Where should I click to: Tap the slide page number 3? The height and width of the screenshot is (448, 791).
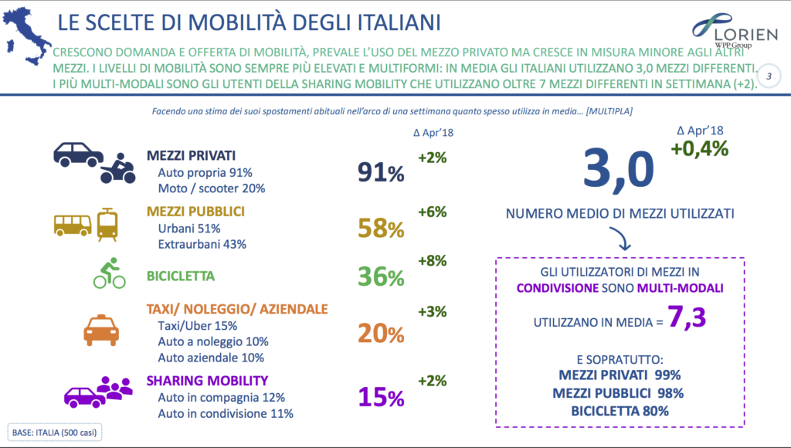click(x=769, y=76)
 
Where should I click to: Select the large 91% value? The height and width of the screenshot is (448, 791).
click(x=380, y=172)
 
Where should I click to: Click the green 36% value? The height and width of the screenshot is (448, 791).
click(x=380, y=277)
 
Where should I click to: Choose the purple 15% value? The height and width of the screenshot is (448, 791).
click(x=380, y=396)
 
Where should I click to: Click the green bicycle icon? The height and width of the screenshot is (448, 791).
click(x=109, y=273)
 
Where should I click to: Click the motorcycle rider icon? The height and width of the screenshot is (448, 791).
click(x=117, y=168)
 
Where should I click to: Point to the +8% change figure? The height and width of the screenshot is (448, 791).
click(x=433, y=261)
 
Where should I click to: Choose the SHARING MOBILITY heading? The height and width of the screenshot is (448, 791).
click(x=207, y=380)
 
